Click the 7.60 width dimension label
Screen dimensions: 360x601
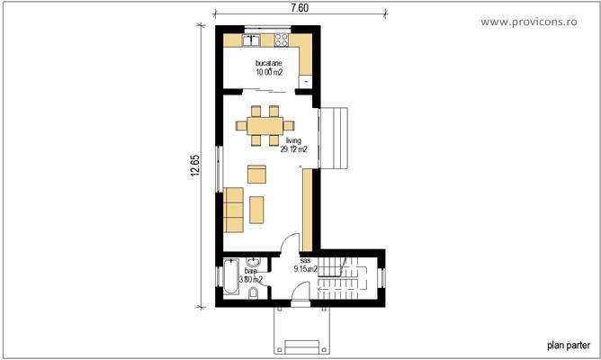coord(300,8)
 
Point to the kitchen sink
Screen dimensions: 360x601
coord(252,40)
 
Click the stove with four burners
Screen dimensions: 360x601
coord(280,40)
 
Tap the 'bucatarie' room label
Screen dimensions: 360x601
coord(268,62)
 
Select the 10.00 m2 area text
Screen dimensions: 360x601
coord(268,71)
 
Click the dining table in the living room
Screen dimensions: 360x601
coord(265,124)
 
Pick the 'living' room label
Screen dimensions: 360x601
coord(293,141)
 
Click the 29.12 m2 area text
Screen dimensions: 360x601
coord(293,150)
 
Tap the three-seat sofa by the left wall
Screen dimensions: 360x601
coord(234,209)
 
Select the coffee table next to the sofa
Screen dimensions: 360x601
coord(257,209)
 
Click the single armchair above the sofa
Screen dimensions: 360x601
coord(257,173)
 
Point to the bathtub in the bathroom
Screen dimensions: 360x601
coord(229,281)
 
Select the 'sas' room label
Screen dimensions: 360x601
coord(305,259)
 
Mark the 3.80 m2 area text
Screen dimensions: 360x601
coord(251,279)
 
